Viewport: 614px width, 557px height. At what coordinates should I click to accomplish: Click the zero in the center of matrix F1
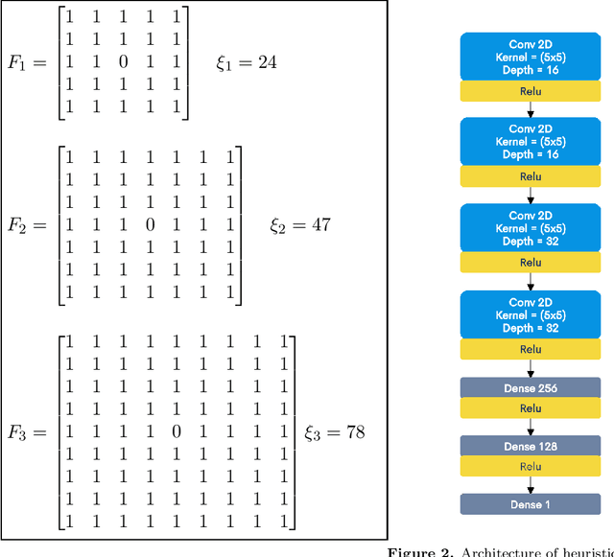coord(121,63)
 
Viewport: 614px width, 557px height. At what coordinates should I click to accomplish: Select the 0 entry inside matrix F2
coord(149,224)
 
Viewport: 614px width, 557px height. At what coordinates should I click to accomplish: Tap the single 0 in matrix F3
coord(176,431)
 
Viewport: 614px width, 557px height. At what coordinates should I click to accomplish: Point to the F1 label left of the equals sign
coord(19,63)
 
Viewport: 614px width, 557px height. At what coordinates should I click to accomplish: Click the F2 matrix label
coord(19,224)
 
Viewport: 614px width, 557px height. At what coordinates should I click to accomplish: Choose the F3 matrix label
coord(19,431)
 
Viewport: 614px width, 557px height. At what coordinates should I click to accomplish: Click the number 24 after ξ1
coord(268,62)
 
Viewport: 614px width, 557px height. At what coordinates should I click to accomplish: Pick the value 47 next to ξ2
coord(322,224)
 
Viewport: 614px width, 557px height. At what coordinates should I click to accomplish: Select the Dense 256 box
coord(530,387)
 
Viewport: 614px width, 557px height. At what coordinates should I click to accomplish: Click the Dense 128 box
coord(530,446)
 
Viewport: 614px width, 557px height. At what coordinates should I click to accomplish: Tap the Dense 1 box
coord(530,503)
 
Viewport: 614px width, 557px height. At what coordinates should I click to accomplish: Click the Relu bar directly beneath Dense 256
coord(530,408)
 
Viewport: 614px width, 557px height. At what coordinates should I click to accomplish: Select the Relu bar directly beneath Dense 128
coord(530,467)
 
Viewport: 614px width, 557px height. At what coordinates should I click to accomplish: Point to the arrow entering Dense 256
coord(530,368)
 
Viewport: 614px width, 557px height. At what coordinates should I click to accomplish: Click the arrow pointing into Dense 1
coord(530,485)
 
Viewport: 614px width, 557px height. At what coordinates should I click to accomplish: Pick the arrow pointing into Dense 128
coord(530,427)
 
